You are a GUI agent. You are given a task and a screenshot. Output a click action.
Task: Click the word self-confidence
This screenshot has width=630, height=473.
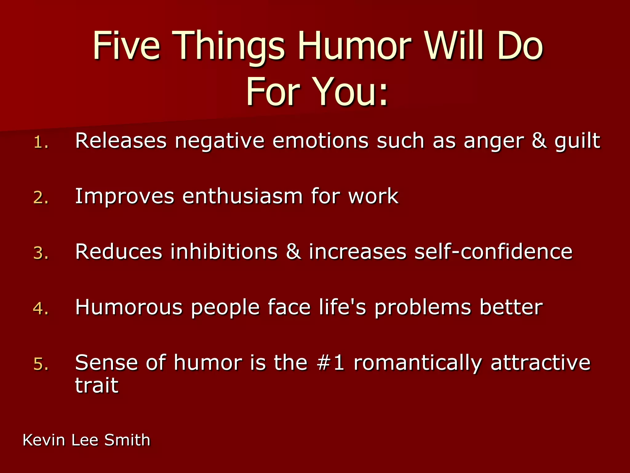493,252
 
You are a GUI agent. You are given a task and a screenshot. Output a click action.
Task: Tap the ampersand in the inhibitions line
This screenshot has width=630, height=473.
293,252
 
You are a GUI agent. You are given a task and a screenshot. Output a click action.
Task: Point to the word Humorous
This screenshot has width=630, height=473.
129,307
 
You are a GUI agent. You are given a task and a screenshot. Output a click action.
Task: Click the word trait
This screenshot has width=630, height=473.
97,385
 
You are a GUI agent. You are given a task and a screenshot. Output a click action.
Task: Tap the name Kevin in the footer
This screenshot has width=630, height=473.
44,440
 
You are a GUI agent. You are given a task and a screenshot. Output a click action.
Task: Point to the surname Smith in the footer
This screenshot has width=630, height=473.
127,440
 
